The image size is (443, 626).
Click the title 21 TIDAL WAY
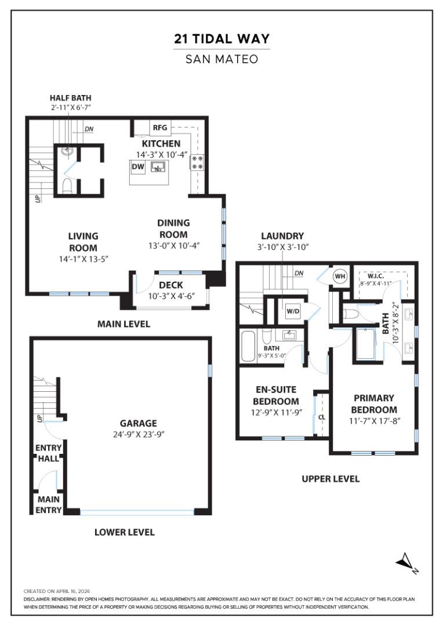click(x=221, y=39)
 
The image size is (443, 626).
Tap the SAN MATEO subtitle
click(x=221, y=59)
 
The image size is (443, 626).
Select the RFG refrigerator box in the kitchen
click(x=159, y=128)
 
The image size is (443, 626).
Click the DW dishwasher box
click(x=137, y=167)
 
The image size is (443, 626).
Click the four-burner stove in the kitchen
click(x=197, y=162)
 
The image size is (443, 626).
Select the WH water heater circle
click(x=339, y=276)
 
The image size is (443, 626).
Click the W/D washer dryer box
click(x=293, y=311)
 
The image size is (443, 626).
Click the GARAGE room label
click(x=138, y=423)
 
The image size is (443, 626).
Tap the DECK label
click(x=170, y=285)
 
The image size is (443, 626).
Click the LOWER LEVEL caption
click(x=124, y=532)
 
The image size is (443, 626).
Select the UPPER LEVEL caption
click(x=330, y=479)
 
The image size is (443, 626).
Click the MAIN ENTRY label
click(x=49, y=504)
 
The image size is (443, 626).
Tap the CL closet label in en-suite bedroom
click(x=321, y=417)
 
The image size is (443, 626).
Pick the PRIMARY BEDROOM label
click(x=374, y=403)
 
